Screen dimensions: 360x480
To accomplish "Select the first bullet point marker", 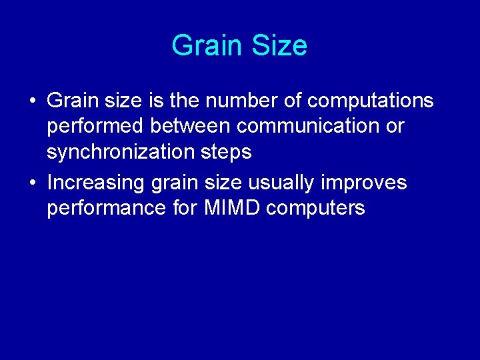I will click(32, 101).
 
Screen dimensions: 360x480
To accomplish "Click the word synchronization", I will click(121, 152).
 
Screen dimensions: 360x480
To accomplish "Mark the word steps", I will click(225, 153).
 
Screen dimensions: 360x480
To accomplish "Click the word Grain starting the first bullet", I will click(72, 101).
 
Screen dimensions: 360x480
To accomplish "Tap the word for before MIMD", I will click(186, 208).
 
